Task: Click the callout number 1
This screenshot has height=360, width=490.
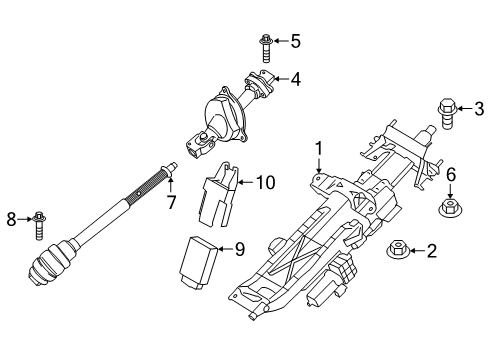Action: coord(318,149)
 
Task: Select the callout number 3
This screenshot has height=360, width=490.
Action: coord(478,109)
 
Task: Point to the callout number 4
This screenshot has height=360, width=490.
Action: coord(295,78)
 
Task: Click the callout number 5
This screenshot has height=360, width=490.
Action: coord(295,42)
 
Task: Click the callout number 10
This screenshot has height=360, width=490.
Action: coord(265,183)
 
